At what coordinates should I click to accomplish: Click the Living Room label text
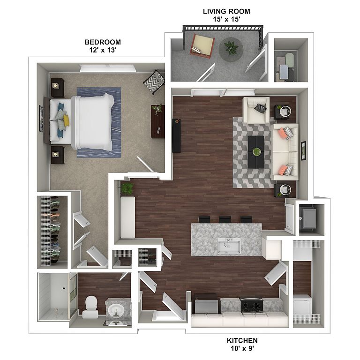pos(226,11)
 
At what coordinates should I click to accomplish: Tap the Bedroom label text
pos(103,42)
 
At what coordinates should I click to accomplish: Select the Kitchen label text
pos(242,340)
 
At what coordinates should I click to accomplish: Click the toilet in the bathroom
pos(90,307)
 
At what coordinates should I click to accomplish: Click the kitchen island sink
pos(229,246)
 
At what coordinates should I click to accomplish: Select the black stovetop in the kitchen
pos(252,305)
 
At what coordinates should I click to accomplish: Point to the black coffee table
pos(256,152)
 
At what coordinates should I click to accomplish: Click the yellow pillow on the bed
pos(66,121)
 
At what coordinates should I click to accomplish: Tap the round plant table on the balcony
pos(231,49)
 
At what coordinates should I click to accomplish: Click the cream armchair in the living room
pos(256,110)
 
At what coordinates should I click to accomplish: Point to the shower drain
pos(64,288)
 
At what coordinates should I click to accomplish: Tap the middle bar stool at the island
pos(225,219)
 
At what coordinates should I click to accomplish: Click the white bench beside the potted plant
pos(127,217)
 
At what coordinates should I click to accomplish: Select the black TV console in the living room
pos(176,135)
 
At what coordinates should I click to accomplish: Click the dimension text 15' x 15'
pos(226,19)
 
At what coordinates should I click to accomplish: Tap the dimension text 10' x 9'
pos(242,348)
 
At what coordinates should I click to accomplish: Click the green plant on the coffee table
pos(256,151)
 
